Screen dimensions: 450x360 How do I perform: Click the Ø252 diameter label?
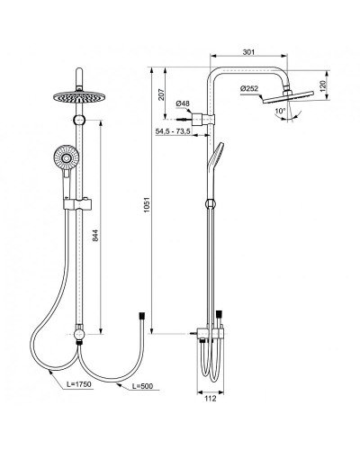pyautogui.click(x=250, y=86)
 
